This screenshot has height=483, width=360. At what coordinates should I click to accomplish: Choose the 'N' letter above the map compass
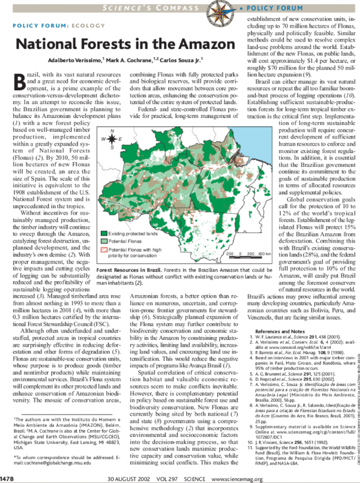pos(112,130)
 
